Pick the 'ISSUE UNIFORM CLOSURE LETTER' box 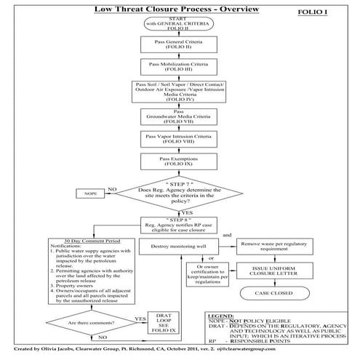pyautogui.click(x=273, y=273)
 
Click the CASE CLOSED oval pyautogui.click(x=273, y=294)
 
